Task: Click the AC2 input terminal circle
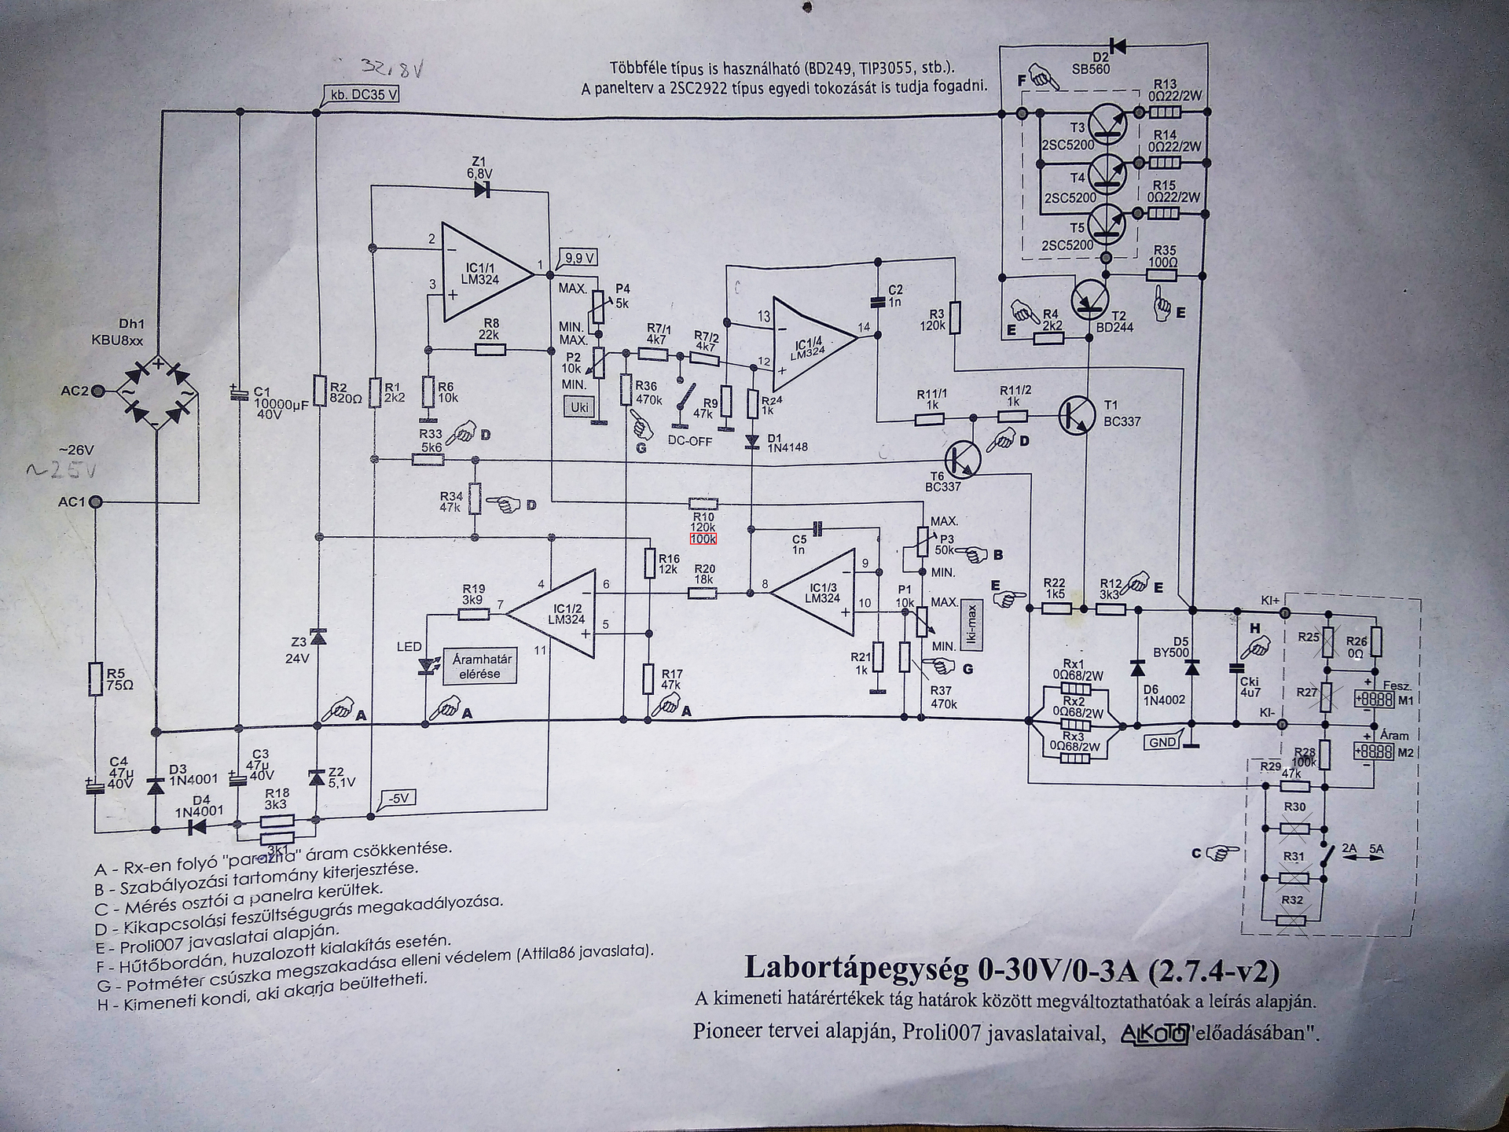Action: coord(98,391)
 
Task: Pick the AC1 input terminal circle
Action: coord(96,502)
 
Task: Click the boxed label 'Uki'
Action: coord(579,407)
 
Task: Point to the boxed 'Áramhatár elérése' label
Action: coord(479,667)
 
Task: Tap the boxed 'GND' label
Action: coord(1162,741)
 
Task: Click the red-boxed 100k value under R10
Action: coord(703,539)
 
